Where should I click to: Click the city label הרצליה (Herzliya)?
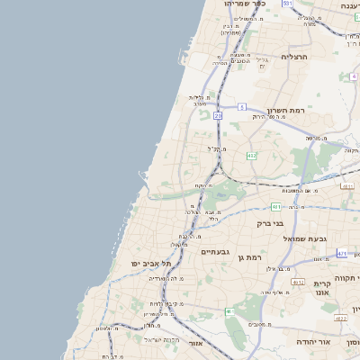click(x=293, y=56)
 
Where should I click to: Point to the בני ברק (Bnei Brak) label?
click(x=270, y=222)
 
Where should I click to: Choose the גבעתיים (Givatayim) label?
click(x=217, y=252)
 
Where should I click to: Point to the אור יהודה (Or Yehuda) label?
click(x=312, y=342)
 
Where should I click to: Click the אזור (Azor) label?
click(x=196, y=343)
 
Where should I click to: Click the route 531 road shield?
click(x=288, y=4)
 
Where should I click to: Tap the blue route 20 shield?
click(x=218, y=115)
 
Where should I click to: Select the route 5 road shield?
click(x=241, y=107)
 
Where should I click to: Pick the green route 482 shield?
click(x=251, y=156)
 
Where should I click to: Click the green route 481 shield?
click(x=276, y=207)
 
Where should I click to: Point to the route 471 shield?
click(x=342, y=254)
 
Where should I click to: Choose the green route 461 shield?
click(x=229, y=311)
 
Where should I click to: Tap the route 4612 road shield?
click(x=339, y=318)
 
